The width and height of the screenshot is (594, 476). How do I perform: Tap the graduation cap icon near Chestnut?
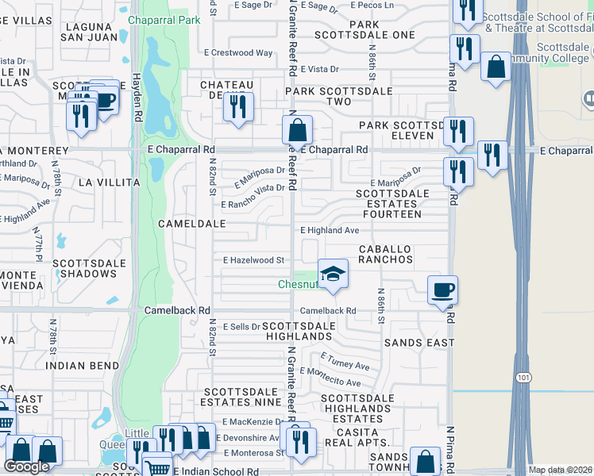[x=334, y=274]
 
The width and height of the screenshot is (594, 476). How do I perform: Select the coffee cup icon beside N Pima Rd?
[x=442, y=290]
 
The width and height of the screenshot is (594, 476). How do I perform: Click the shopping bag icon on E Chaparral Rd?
[x=297, y=129]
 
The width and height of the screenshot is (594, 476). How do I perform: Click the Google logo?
[x=26, y=466]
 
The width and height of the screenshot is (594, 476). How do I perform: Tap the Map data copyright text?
[x=560, y=470]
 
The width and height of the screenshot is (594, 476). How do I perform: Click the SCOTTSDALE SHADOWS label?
[x=84, y=268]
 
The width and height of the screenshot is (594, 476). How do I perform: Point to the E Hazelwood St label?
[x=254, y=259]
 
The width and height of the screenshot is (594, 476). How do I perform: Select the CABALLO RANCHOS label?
[x=385, y=254]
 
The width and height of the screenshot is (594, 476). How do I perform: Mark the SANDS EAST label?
[x=418, y=343]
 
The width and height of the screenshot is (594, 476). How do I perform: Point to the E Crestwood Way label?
[x=237, y=53]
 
